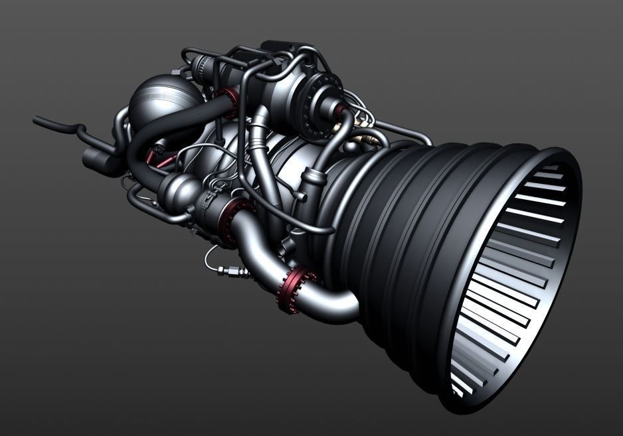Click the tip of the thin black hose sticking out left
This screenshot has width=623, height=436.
[x=37, y=120]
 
